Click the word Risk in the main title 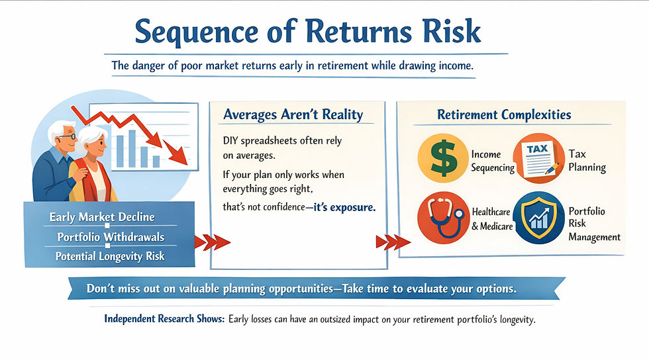point(452,31)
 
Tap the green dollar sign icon point(442,158)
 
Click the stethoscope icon point(443,217)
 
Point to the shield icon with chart point(539,217)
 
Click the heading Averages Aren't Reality point(293,114)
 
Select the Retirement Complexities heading point(504,114)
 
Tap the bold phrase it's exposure point(344,207)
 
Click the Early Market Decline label point(102,217)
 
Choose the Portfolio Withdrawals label point(111,237)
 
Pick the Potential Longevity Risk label point(110,257)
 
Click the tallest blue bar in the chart point(132,148)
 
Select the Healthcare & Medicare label point(492,219)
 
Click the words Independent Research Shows point(164,319)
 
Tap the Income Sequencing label point(493,161)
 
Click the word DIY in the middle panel point(230,141)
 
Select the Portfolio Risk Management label point(595,224)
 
